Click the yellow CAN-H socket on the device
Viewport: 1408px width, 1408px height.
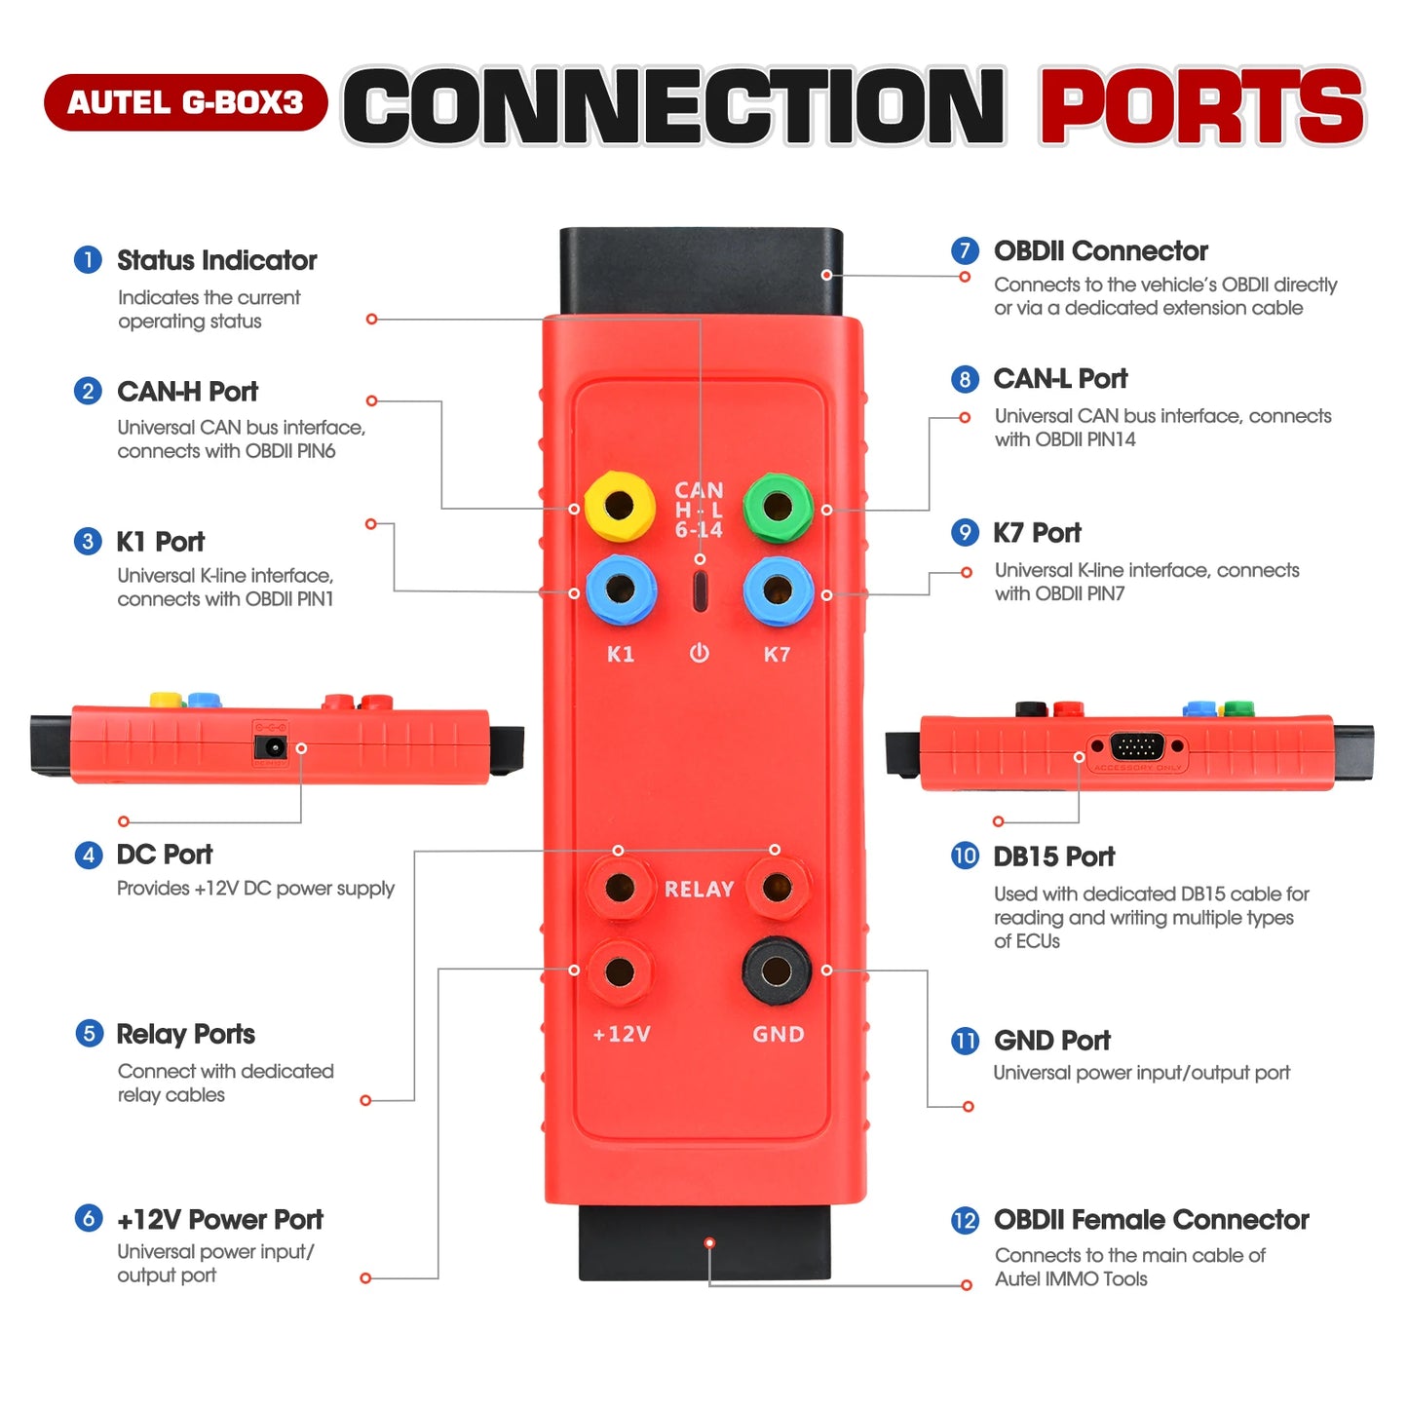619,506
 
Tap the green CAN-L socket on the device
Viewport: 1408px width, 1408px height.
778,506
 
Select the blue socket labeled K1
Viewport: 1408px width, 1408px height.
620,589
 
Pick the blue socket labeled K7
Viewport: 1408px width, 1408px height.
778,589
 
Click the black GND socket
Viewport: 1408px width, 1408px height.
777,970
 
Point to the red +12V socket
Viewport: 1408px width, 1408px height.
620,971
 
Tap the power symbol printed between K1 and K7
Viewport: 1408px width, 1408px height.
700,653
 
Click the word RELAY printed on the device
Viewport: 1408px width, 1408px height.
699,890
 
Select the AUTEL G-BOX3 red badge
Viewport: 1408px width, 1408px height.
185,102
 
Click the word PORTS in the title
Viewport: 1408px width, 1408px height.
1202,107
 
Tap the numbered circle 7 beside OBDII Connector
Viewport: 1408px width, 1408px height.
965,250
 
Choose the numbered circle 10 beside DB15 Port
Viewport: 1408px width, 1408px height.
965,856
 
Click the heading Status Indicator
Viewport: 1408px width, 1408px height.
216,260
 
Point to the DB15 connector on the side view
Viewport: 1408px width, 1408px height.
1137,747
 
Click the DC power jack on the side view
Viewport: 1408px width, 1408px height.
270,747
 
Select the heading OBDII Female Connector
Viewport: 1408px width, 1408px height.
1151,1220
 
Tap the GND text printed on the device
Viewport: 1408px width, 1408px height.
778,1034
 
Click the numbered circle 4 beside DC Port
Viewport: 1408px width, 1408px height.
89,855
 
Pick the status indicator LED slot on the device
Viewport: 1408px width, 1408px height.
700,591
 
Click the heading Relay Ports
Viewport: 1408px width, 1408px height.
185,1034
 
